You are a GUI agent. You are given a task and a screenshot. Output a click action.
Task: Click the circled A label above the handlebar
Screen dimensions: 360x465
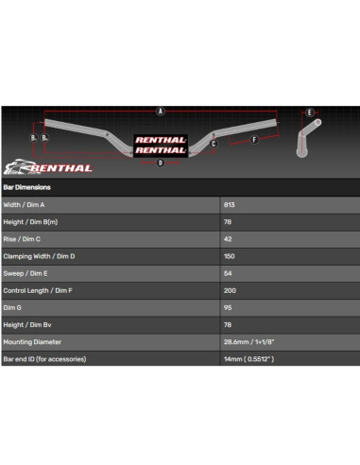pyautogui.click(x=161, y=112)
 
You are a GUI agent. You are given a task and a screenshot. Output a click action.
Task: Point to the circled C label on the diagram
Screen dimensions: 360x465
pyautogui.click(x=214, y=145)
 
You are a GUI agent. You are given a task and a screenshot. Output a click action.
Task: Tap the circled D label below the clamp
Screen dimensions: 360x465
pyautogui.click(x=161, y=163)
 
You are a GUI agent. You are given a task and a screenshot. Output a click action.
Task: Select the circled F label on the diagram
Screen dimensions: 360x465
pyautogui.click(x=254, y=140)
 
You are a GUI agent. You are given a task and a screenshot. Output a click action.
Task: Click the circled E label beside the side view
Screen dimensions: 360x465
pyautogui.click(x=309, y=112)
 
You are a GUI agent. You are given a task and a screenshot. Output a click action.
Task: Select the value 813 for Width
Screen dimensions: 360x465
pyautogui.click(x=230, y=204)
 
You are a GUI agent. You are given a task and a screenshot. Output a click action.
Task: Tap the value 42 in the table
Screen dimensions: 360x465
pyautogui.click(x=228, y=238)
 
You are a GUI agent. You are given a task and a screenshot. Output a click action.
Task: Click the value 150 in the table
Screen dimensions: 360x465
pyautogui.click(x=230, y=256)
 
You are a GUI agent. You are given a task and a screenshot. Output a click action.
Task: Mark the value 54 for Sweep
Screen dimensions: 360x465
pyautogui.click(x=228, y=273)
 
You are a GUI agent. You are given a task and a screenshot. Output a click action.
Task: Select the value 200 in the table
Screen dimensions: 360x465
pyautogui.click(x=230, y=290)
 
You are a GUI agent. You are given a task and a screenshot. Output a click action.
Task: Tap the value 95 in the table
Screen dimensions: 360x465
pyautogui.click(x=228, y=307)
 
